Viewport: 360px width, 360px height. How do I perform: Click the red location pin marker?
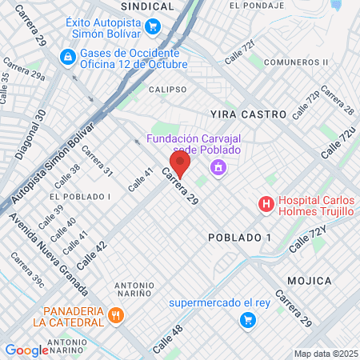click(180, 164)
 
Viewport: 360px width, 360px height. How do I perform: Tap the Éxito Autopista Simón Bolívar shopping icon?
click(152, 26)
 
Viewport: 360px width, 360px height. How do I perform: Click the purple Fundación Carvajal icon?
click(217, 167)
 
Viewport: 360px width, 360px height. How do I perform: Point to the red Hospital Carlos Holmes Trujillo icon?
click(266, 205)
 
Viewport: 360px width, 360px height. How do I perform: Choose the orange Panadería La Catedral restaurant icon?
click(116, 314)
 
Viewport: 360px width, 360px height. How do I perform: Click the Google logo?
click(27, 350)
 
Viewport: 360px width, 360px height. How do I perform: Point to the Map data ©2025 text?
click(325, 354)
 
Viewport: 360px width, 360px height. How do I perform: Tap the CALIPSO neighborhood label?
click(167, 90)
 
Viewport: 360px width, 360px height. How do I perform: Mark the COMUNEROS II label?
click(297, 62)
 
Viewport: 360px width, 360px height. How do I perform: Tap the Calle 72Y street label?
click(308, 241)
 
